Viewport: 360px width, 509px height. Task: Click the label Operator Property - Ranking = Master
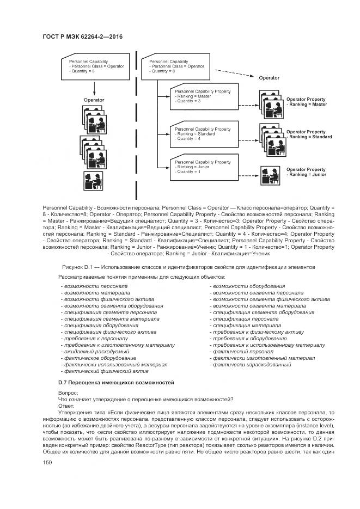click(x=306, y=102)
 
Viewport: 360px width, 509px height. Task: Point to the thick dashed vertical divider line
click(x=134, y=125)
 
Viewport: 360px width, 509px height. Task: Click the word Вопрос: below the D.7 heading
click(x=68, y=393)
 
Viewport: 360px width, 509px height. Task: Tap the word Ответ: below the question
click(x=66, y=406)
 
